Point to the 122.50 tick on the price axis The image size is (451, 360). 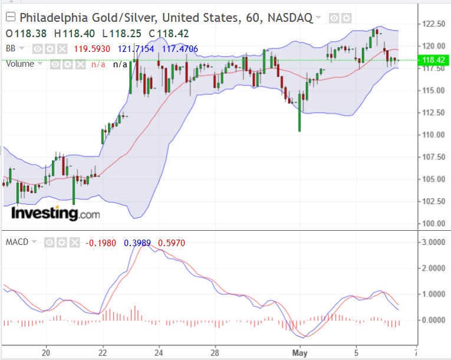point(433,24)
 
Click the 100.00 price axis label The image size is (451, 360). point(433,224)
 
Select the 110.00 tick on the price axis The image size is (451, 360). point(433,135)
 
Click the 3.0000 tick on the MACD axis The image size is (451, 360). point(433,242)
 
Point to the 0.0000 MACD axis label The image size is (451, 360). point(433,320)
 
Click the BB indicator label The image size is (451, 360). point(11,48)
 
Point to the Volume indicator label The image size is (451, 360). point(20,64)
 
